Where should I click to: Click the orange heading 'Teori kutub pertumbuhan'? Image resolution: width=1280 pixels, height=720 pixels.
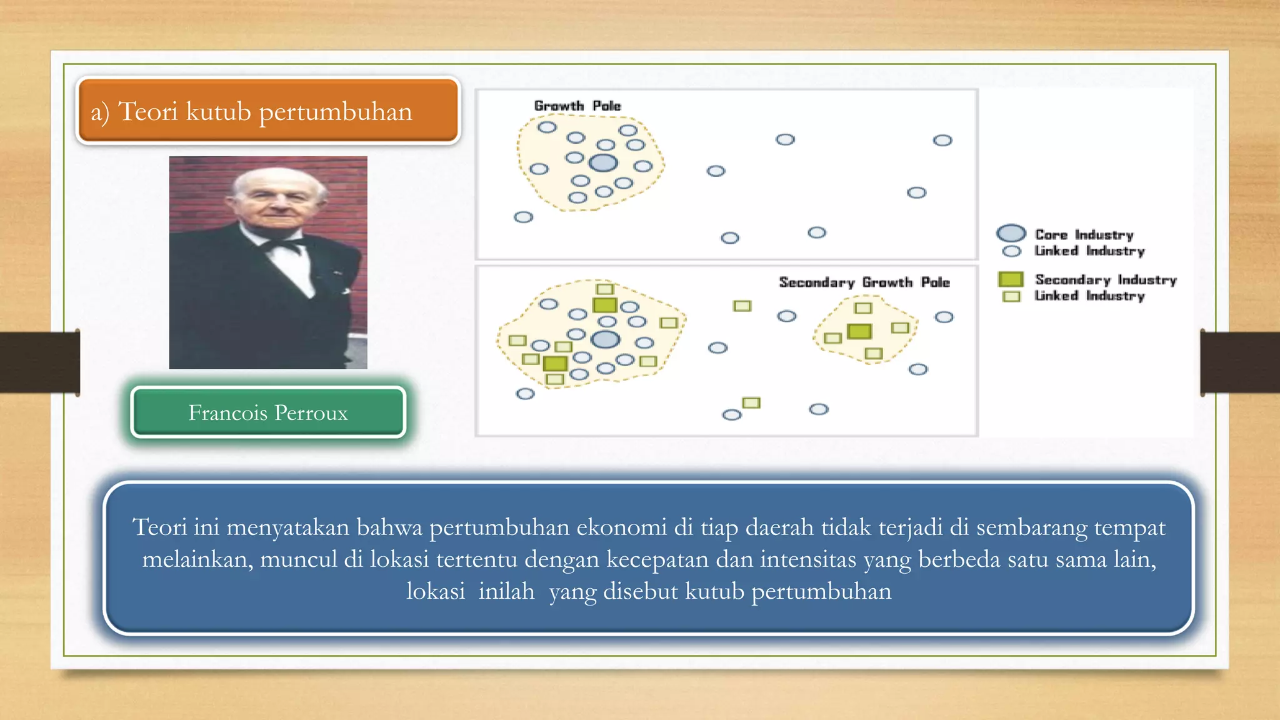click(x=266, y=112)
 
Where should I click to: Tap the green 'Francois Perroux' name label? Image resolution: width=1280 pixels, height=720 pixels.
click(x=268, y=412)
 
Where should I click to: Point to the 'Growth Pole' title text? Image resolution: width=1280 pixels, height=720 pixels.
click(x=577, y=106)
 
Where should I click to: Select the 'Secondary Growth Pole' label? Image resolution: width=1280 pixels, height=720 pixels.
click(x=864, y=282)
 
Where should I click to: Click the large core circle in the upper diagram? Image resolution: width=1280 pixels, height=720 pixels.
click(x=603, y=163)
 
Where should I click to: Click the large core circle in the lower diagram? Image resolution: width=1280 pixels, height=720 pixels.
click(x=605, y=339)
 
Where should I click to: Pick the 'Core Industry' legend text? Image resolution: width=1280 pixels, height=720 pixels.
click(x=1084, y=234)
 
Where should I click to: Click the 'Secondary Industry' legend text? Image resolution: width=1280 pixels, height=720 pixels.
click(x=1105, y=279)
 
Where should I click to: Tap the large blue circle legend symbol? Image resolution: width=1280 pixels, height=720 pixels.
click(x=1011, y=233)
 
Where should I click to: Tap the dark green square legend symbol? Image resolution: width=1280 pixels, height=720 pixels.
click(x=1010, y=279)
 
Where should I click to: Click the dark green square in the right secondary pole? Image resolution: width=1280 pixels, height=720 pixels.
click(x=859, y=331)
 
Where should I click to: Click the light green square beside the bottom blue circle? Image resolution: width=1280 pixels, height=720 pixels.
click(x=751, y=402)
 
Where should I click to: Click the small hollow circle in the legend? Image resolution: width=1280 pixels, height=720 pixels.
click(x=1011, y=251)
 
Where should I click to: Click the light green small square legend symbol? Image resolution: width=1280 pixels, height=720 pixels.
click(x=1011, y=296)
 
